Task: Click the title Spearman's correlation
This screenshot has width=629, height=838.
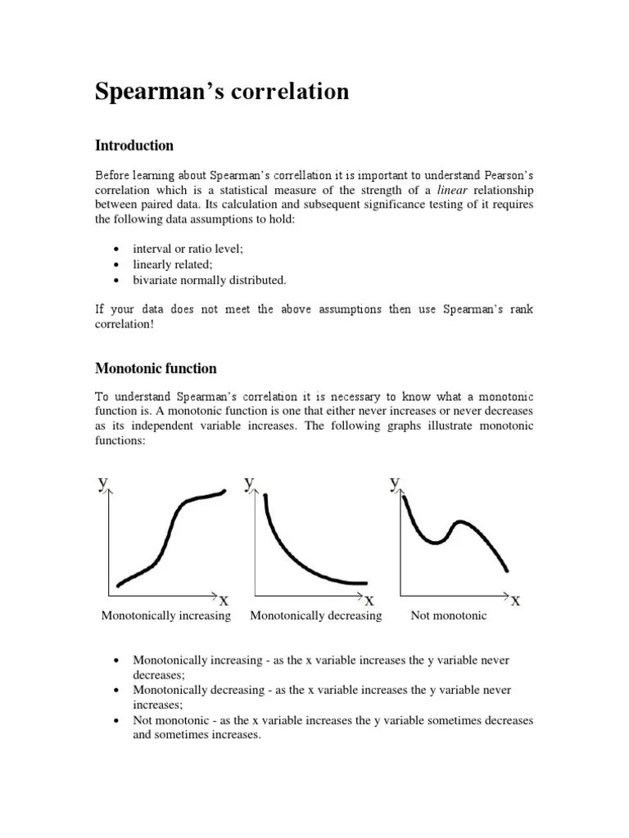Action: (222, 92)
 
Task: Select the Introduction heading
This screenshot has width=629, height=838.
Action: (134, 146)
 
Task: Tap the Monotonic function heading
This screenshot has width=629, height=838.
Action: (156, 368)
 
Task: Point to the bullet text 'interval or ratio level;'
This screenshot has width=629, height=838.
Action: (188, 250)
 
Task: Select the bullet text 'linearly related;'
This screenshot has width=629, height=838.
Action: (172, 265)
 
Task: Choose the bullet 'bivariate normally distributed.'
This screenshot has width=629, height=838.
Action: (210, 280)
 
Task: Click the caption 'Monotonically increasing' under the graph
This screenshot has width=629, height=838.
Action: (165, 615)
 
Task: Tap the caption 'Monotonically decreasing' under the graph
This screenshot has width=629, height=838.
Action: (315, 615)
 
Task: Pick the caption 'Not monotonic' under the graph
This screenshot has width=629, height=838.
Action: (448, 615)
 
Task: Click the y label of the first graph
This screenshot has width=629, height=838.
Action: (102, 483)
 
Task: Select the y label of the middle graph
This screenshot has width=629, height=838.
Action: (249, 483)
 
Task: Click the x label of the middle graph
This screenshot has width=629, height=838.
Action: (369, 601)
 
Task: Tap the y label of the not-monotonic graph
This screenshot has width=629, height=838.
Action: (396, 483)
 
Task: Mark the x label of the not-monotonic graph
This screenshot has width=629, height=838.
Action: (515, 601)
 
